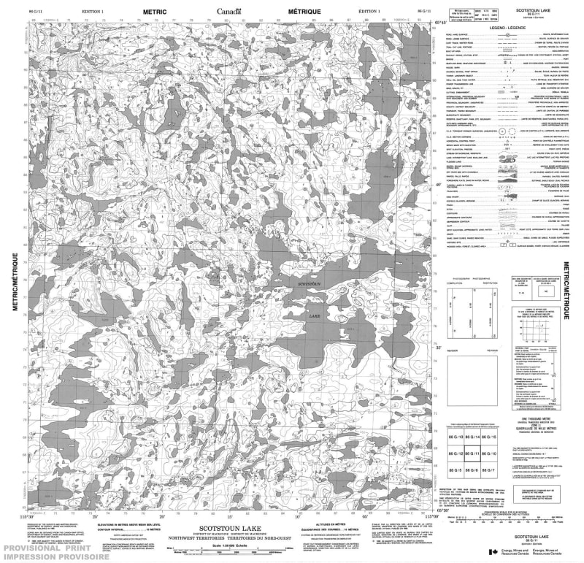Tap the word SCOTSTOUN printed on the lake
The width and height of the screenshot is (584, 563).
click(x=310, y=283)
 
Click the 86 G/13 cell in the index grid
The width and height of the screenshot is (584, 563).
click(x=454, y=437)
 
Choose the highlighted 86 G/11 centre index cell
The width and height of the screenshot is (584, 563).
click(x=472, y=454)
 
